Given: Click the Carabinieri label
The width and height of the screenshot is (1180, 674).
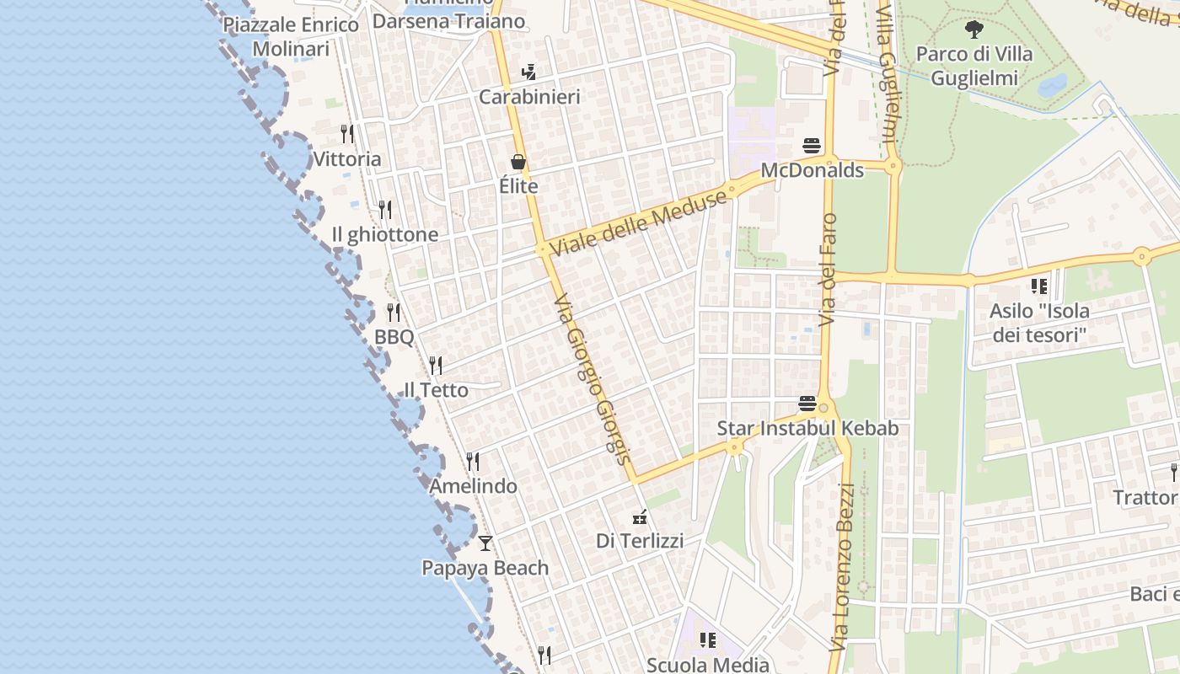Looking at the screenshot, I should coord(529,97).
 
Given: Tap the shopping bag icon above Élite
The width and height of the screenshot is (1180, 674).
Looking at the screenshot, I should coord(518,162).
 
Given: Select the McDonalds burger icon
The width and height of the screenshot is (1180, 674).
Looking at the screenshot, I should coord(812,146).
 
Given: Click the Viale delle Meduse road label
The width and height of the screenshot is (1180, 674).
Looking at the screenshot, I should coord(638,223).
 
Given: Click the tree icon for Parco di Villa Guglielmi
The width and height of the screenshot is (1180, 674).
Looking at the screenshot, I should coord(973,30).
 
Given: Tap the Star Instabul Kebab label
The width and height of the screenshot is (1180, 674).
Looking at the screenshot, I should coord(807,428).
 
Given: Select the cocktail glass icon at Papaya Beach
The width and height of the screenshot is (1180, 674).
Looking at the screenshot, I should coord(485,543).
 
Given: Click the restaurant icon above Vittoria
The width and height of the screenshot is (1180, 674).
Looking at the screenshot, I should coord(346,133).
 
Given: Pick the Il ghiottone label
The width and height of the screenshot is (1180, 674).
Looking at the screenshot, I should coord(385,234).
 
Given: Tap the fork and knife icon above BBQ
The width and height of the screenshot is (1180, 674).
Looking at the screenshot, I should coord(394,313).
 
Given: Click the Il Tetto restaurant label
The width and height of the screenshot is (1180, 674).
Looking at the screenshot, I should coord(436,390).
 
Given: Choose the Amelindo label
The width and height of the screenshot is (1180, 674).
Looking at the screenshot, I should coord(473,486).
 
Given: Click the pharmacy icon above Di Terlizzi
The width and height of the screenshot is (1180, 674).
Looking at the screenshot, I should coord(640,516).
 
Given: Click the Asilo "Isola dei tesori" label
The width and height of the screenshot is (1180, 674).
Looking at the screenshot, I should coord(1039,323).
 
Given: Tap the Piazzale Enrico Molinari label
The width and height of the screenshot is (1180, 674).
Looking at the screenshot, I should coord(291,36).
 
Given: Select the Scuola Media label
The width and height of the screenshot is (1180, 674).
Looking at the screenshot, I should coord(707,665).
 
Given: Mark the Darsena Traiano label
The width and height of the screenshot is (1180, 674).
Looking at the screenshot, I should coord(448,21).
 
